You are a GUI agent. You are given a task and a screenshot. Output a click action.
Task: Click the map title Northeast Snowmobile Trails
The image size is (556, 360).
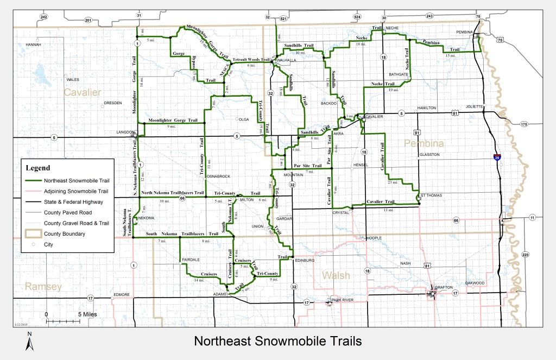pos(277,342)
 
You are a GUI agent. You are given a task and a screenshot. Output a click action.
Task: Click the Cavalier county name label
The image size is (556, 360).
pos(83,92)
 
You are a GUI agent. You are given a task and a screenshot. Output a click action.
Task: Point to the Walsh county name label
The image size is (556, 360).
pos(334,275)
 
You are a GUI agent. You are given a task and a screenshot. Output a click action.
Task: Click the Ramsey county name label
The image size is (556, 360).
pos(43,286)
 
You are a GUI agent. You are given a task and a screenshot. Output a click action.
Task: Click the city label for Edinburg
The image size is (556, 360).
pos(304,260)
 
